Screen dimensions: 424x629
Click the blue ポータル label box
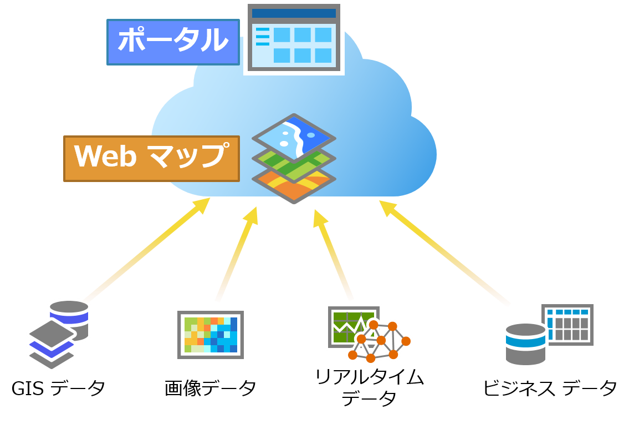(x=173, y=42)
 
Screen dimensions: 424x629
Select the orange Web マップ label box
(x=151, y=158)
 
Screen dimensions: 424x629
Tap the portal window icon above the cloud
(x=294, y=38)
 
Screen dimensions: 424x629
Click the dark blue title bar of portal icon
(x=294, y=13)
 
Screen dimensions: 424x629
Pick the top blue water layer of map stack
(x=294, y=135)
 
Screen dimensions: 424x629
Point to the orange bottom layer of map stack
(x=294, y=186)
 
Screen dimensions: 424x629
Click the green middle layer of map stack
(x=294, y=164)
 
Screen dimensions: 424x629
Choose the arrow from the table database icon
(x=443, y=252)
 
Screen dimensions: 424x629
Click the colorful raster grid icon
(x=211, y=335)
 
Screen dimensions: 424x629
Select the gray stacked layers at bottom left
(x=52, y=344)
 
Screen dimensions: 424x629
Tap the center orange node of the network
(x=381, y=340)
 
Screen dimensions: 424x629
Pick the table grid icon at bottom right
(x=567, y=325)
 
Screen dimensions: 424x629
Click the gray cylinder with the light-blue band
(x=525, y=344)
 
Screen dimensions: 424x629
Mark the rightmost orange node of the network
(x=406, y=341)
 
